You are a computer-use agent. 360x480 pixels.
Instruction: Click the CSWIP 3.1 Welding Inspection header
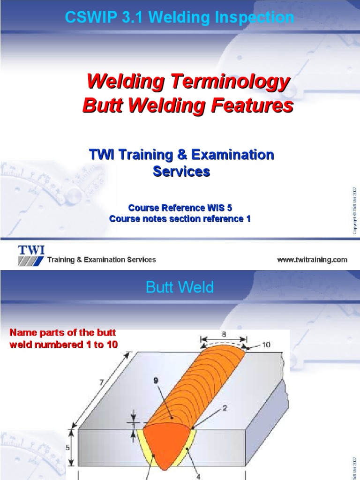click(x=180, y=18)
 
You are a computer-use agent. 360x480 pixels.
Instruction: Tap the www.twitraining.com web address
click(x=312, y=259)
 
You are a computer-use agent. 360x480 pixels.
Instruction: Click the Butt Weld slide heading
click(x=180, y=287)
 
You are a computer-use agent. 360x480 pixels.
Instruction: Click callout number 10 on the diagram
click(x=266, y=345)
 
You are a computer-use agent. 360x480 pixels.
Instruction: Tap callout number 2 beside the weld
click(x=225, y=408)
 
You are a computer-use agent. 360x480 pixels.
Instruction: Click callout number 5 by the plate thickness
click(x=68, y=448)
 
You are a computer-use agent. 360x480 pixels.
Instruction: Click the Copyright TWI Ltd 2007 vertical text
click(x=355, y=210)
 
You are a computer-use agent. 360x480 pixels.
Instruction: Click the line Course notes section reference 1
click(x=180, y=219)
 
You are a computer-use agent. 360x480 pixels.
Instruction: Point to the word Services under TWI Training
click(x=181, y=172)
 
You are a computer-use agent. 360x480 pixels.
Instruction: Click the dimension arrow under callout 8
click(x=224, y=342)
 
